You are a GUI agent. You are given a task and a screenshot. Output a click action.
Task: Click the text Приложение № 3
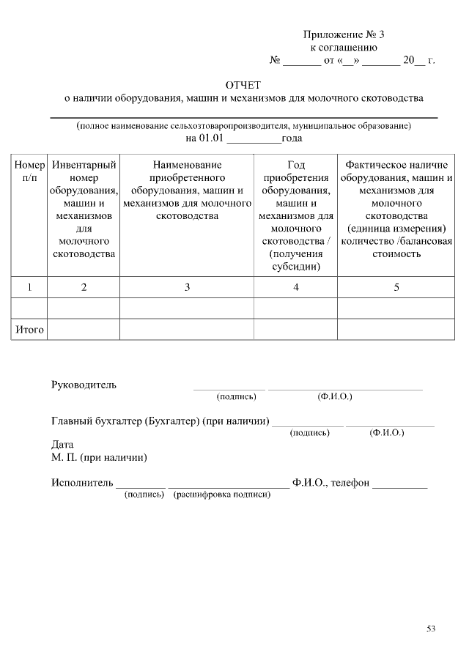343,34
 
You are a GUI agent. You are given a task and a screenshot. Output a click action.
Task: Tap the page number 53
431,628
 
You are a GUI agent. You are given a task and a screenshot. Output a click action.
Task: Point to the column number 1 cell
29,288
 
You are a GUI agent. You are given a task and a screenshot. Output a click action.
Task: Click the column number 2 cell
84,288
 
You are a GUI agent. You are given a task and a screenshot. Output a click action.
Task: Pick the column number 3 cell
187,288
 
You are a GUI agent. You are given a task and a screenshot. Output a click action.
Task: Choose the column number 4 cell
295,288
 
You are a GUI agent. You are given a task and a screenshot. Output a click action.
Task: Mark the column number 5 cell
396,288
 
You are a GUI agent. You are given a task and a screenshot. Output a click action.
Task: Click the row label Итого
30,330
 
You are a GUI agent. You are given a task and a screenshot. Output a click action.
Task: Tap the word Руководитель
84,385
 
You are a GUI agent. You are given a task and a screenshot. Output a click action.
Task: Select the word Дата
62,445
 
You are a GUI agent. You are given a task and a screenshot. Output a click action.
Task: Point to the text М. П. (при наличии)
99,458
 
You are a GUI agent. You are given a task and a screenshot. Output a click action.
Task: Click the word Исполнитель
82,483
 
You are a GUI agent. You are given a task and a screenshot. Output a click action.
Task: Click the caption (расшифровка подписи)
222,495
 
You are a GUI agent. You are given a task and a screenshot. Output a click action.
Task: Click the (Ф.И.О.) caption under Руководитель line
334,396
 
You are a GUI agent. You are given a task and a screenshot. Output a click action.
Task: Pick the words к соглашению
343,48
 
